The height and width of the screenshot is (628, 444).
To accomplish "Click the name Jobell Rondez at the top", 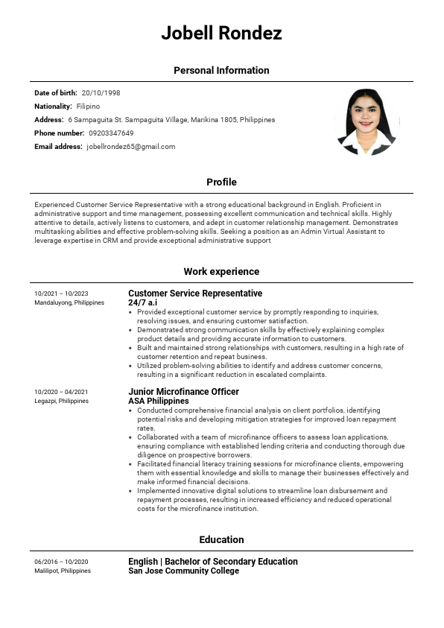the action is pyautogui.click(x=221, y=34).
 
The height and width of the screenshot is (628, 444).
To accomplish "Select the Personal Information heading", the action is pyautogui.click(x=221, y=71).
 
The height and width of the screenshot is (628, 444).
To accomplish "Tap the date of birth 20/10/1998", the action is pyautogui.click(x=101, y=93).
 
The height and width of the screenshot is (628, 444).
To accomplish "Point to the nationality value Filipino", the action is pyautogui.click(x=88, y=107).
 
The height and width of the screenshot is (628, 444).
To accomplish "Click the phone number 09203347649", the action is pyautogui.click(x=111, y=133).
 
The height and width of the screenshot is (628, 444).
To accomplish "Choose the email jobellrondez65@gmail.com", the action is pyautogui.click(x=130, y=147).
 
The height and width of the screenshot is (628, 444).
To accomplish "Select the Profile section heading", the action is pyautogui.click(x=221, y=183).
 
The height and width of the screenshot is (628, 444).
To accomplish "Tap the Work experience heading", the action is pyautogui.click(x=221, y=272).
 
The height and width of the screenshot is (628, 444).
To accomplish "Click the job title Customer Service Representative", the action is pyautogui.click(x=195, y=294).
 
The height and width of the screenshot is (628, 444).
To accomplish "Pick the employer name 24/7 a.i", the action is pyautogui.click(x=142, y=302).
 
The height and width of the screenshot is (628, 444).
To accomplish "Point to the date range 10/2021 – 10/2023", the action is pyautogui.click(x=61, y=294).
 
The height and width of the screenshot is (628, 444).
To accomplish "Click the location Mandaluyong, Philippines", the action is pyautogui.click(x=69, y=302).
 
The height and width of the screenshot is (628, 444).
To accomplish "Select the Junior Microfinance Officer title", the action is pyautogui.click(x=183, y=392).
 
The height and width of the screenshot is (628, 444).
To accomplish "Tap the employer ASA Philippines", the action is pyautogui.click(x=159, y=401).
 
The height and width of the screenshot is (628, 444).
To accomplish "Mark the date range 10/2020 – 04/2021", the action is pyautogui.click(x=61, y=392).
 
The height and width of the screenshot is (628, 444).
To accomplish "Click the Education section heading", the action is pyautogui.click(x=221, y=540).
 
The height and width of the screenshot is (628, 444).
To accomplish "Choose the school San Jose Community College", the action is pyautogui.click(x=183, y=571).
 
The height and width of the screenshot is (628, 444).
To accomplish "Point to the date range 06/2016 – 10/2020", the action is pyautogui.click(x=61, y=562).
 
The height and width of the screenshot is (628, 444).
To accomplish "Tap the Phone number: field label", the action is pyautogui.click(x=59, y=133).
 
